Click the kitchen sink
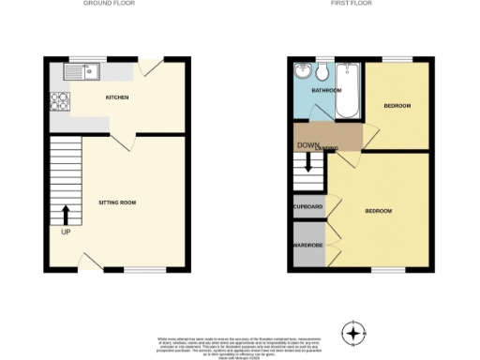[90, 70]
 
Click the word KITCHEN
[117, 97]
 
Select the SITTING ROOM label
[118, 202]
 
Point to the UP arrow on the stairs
[66, 215]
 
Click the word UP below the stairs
[66, 232]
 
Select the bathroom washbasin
[302, 71]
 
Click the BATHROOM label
[326, 90]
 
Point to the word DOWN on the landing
[308, 145]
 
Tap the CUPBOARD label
[308, 206]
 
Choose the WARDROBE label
[307, 246]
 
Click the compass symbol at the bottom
[353, 331]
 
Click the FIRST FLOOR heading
[352, 4]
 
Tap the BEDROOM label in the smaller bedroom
[397, 106]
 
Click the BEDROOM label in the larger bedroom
[378, 210]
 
